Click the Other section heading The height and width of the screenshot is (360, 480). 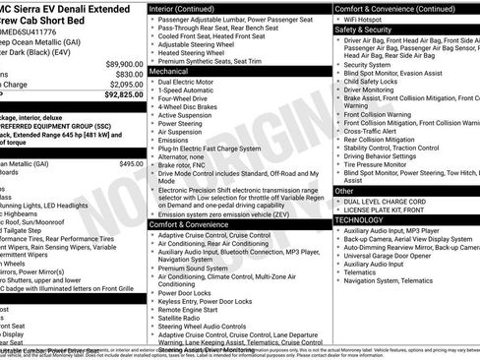click(x=344, y=191)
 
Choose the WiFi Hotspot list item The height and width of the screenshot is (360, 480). click(x=370, y=19)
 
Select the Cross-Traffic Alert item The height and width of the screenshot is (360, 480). click(x=377, y=130)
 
